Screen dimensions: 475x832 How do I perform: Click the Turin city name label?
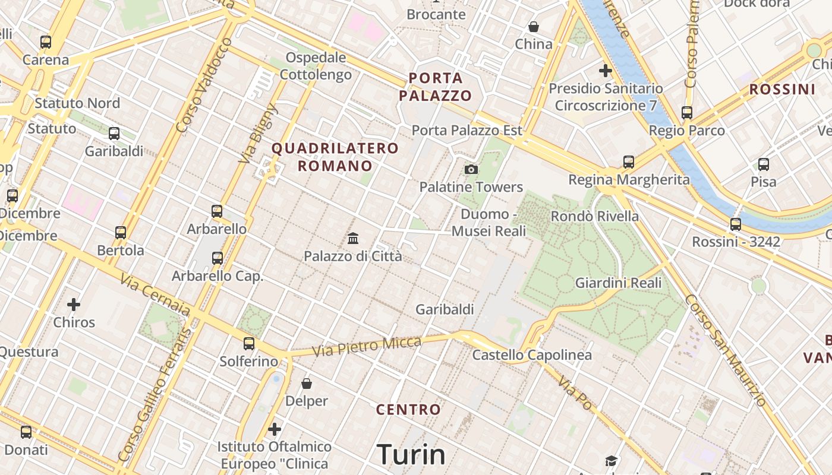click(411, 454)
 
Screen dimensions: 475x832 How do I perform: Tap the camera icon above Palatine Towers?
click(471, 170)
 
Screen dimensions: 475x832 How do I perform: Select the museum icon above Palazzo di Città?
click(353, 239)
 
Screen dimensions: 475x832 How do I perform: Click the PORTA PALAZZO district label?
click(435, 87)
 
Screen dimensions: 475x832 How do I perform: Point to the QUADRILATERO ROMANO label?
click(335, 157)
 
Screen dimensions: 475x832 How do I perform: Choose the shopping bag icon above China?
click(534, 27)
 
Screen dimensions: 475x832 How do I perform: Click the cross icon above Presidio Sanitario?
click(606, 71)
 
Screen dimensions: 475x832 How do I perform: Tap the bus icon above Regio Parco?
click(687, 113)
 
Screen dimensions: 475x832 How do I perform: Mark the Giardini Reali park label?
click(618, 283)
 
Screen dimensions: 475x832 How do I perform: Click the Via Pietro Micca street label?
click(367, 346)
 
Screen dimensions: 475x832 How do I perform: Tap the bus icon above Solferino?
click(249, 344)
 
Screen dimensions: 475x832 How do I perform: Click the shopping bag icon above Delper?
click(307, 384)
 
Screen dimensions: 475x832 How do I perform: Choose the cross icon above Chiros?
click(74, 305)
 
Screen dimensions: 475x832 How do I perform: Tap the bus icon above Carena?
click(46, 42)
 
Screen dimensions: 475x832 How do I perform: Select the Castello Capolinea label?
click(532, 355)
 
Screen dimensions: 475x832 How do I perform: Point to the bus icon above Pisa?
click(764, 164)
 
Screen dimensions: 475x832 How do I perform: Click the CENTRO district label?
click(409, 410)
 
